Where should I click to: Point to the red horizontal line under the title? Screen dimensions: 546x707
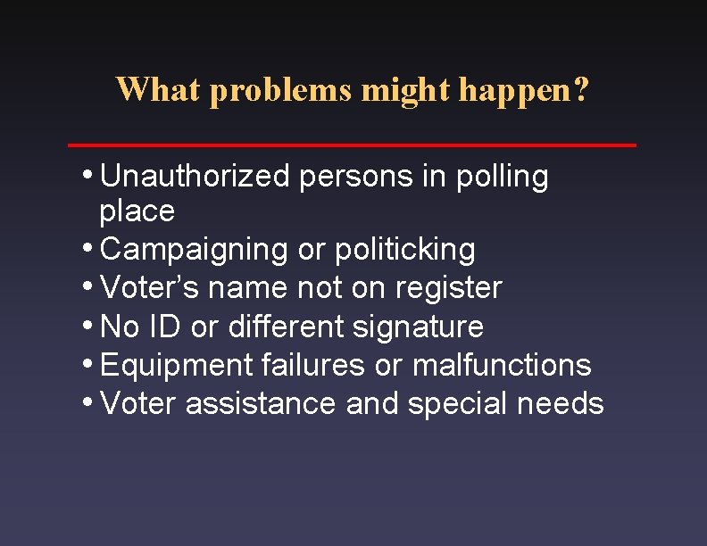353,144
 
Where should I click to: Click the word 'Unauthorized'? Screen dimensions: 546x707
195,177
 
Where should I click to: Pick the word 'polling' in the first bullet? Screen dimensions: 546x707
503,177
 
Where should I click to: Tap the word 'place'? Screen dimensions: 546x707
137,211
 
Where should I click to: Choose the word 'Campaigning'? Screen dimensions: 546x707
195,250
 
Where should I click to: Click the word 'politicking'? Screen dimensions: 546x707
405,250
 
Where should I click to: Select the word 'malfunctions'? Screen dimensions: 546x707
502,365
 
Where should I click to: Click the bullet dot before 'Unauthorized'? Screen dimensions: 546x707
92,173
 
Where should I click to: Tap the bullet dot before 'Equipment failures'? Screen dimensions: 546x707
92,361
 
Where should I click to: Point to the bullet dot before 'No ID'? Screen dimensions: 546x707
92,323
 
